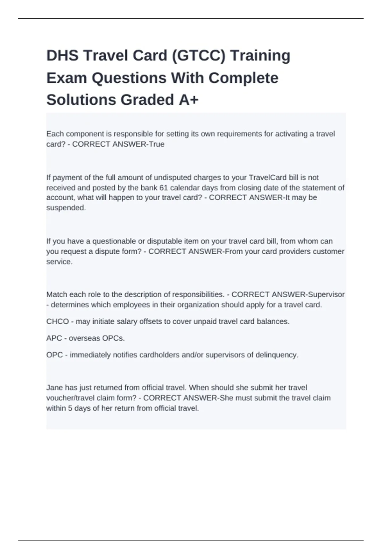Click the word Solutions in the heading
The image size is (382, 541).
[81, 100]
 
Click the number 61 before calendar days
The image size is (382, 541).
[164, 188]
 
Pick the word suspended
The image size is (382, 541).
[66, 208]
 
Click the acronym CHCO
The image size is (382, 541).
[58, 321]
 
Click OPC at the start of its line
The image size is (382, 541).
[54, 355]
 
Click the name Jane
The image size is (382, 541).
[55, 388]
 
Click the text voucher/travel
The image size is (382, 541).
[70, 398]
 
